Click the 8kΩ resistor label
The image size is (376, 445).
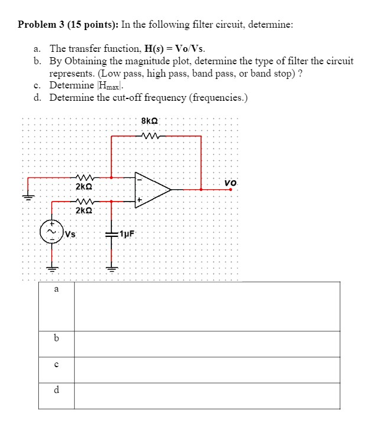point(150,121)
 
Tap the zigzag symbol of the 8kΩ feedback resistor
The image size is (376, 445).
point(150,136)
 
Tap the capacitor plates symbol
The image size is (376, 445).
point(111,234)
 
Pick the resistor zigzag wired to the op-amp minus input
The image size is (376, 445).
point(83,177)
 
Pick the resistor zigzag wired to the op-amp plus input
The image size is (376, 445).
point(83,201)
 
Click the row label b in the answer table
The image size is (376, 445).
point(56,338)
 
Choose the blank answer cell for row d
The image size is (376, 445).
point(207,395)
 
